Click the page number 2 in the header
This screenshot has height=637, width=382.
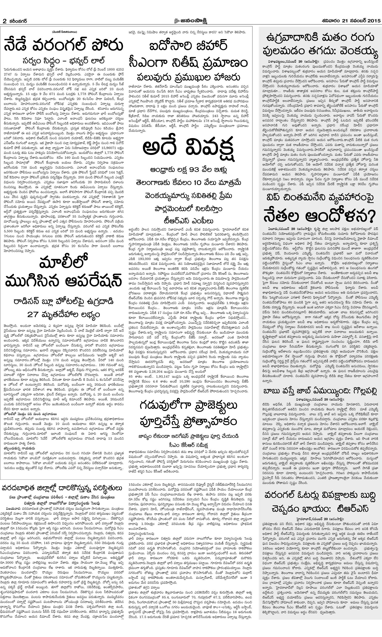(4, 21)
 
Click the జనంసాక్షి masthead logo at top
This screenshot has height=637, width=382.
(191, 21)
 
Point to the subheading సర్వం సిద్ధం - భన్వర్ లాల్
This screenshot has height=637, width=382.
(64, 61)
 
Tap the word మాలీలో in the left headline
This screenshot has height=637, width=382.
(64, 263)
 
